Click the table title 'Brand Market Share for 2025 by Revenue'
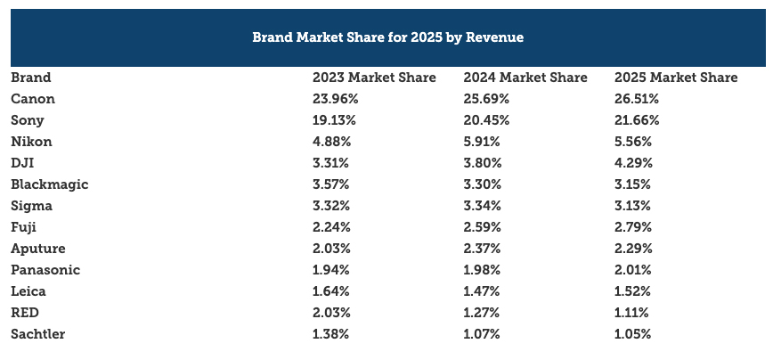point(387,37)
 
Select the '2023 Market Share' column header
point(374,78)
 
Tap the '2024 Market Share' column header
point(525,78)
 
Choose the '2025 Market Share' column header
point(676,78)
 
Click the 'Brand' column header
point(31,78)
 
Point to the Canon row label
point(33,99)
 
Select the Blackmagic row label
point(50,184)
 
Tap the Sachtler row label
point(38,334)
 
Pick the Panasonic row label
point(46,270)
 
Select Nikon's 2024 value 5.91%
point(482,142)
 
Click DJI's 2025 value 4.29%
point(633,163)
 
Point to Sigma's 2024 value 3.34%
point(483,206)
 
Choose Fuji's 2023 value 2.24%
point(331,227)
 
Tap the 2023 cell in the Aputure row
point(331,249)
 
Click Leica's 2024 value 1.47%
point(482,291)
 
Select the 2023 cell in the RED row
point(331,313)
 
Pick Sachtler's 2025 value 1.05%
point(633,334)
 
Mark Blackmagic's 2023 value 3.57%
point(331,184)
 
